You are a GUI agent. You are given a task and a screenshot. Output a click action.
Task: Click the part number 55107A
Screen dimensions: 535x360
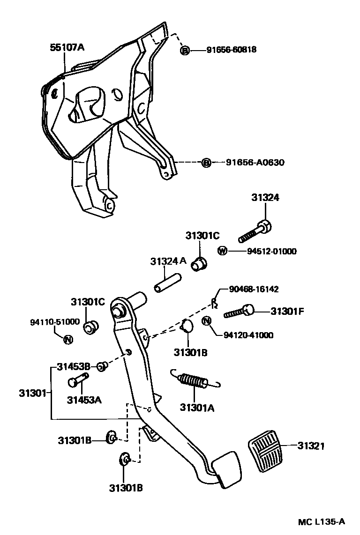click(x=67, y=47)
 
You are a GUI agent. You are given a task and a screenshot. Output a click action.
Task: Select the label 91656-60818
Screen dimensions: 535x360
click(x=231, y=50)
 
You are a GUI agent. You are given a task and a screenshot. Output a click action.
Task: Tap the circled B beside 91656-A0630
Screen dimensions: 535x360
click(x=206, y=163)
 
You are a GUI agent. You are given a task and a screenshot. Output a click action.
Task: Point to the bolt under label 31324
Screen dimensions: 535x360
click(x=256, y=230)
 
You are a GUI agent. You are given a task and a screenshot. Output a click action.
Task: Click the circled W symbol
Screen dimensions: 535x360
click(x=222, y=251)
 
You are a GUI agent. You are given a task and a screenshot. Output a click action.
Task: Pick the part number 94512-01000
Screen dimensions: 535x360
click(x=271, y=252)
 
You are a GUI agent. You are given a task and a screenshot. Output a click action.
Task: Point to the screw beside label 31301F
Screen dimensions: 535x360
click(x=240, y=312)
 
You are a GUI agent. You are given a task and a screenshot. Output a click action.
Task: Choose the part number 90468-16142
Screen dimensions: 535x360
click(x=254, y=290)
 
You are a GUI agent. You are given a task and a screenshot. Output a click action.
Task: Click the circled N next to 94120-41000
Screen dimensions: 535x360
click(x=207, y=321)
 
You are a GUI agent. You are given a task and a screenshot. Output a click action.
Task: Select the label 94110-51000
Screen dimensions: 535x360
click(x=48, y=322)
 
